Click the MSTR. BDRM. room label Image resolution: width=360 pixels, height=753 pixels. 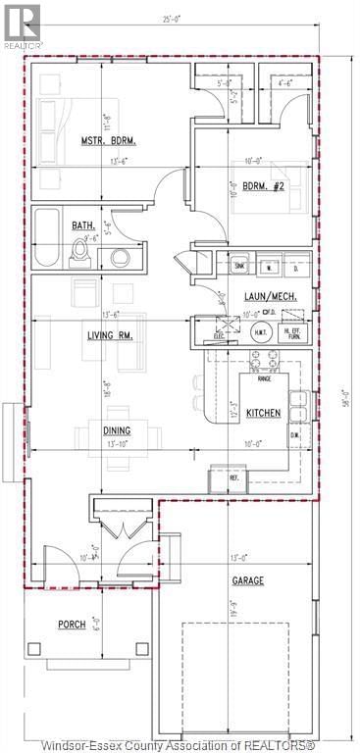(108, 141)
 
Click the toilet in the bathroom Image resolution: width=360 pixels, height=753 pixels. (81, 253)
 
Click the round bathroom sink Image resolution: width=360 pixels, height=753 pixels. (120, 258)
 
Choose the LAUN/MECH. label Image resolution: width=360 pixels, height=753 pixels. (273, 294)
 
